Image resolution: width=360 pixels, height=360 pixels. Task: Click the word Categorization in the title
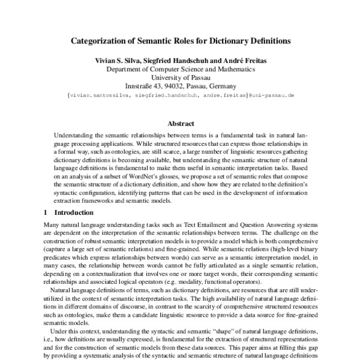(x=102, y=42)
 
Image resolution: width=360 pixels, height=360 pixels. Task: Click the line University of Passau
(x=180, y=77)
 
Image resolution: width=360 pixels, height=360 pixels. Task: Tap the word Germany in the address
(x=222, y=86)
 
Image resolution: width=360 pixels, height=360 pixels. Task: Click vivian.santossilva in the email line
(x=98, y=95)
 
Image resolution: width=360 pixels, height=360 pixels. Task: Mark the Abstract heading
(x=180, y=124)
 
